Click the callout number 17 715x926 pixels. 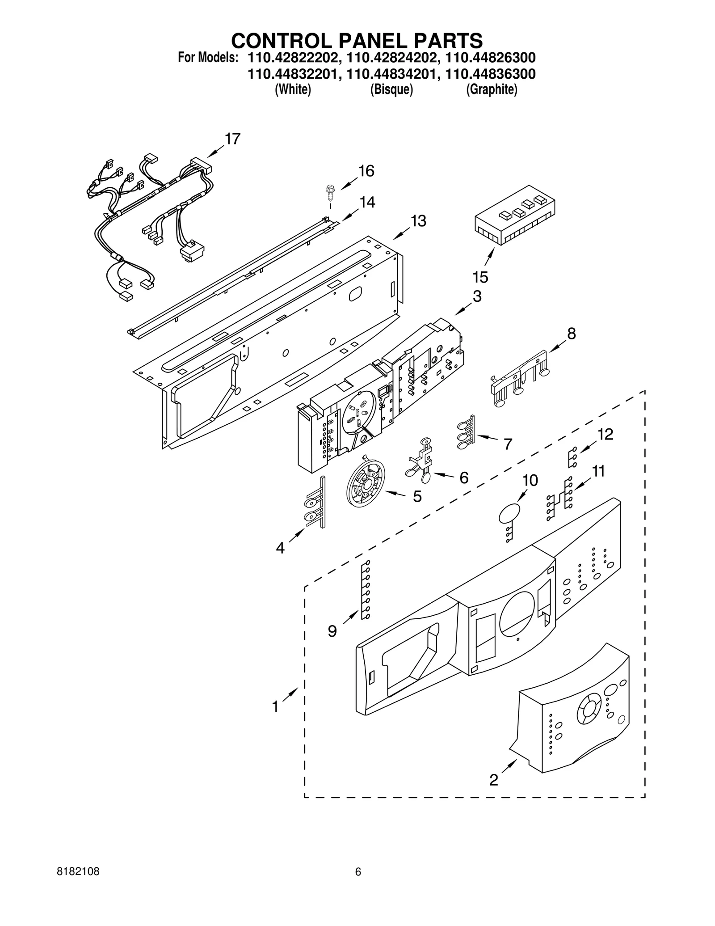click(x=232, y=139)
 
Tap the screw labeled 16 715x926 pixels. click(x=330, y=192)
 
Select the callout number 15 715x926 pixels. click(x=480, y=278)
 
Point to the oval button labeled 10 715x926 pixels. click(x=509, y=514)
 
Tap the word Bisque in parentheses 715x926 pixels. click(x=391, y=90)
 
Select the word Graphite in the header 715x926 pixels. click(x=492, y=90)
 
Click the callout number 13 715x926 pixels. click(x=418, y=221)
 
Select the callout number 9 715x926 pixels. click(x=332, y=631)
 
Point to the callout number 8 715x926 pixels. click(x=571, y=334)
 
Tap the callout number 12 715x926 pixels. click(x=606, y=434)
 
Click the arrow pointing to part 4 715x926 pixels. click(x=297, y=534)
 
